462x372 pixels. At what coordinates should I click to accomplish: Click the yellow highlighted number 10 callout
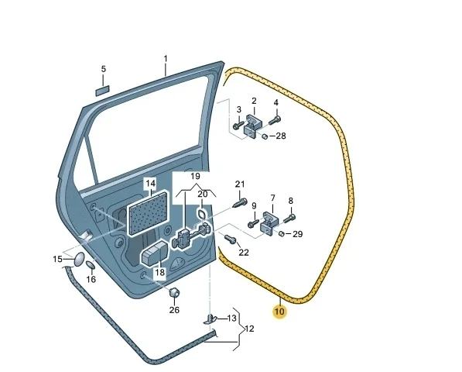279,312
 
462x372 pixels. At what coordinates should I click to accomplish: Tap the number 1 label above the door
166,59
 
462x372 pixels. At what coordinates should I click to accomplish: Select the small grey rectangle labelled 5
102,91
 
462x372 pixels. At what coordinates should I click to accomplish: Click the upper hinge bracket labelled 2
252,127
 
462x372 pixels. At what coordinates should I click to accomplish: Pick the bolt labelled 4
275,120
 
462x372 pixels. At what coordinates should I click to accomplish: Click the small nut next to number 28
265,136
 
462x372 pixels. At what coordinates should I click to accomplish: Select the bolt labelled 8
289,219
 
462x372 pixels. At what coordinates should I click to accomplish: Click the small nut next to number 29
281,233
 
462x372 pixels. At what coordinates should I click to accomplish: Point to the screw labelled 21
240,203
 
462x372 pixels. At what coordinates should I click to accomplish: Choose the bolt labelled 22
230,239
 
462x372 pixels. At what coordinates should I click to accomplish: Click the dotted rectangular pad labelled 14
149,214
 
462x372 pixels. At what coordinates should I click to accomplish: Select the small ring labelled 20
202,214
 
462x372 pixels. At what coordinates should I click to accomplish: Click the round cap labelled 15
78,260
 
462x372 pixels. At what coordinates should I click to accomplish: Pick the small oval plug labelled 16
91,264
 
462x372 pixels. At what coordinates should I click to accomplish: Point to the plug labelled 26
174,292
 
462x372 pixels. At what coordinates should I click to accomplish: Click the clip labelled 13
210,319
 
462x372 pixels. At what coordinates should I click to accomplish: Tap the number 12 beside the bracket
249,329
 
